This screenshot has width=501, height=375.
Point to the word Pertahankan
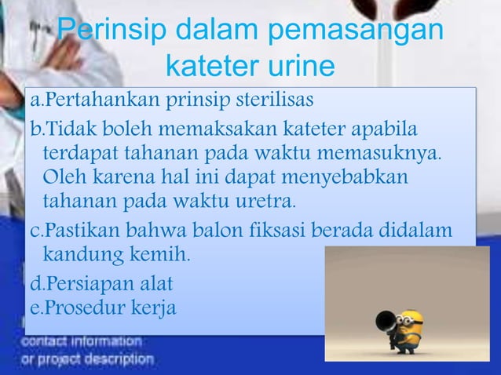click(x=93, y=101)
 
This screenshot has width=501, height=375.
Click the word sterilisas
click(x=269, y=101)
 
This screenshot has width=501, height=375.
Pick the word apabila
click(x=381, y=127)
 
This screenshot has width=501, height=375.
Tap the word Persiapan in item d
click(x=86, y=282)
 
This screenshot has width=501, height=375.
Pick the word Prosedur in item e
click(x=80, y=306)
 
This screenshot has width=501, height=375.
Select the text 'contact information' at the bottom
click(x=82, y=342)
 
